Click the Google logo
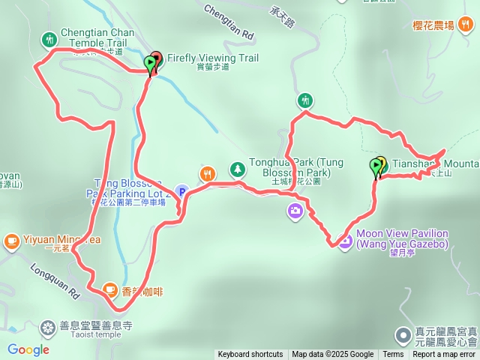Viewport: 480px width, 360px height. [x=28, y=349]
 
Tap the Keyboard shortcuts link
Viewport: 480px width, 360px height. [x=250, y=355]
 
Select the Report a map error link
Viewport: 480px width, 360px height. [x=444, y=355]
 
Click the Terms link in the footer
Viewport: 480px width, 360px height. [x=393, y=355]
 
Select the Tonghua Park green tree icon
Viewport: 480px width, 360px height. [x=237, y=169]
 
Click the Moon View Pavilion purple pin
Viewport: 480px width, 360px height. [x=345, y=241]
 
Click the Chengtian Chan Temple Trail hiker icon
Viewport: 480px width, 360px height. [x=49, y=38]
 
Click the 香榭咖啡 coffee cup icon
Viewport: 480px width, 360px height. [x=110, y=289]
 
